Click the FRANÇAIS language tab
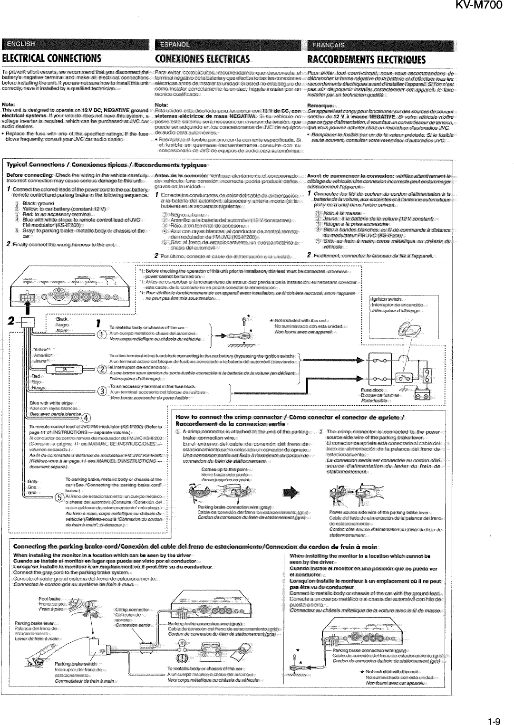click(329, 45)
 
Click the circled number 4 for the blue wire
click(85, 418)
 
